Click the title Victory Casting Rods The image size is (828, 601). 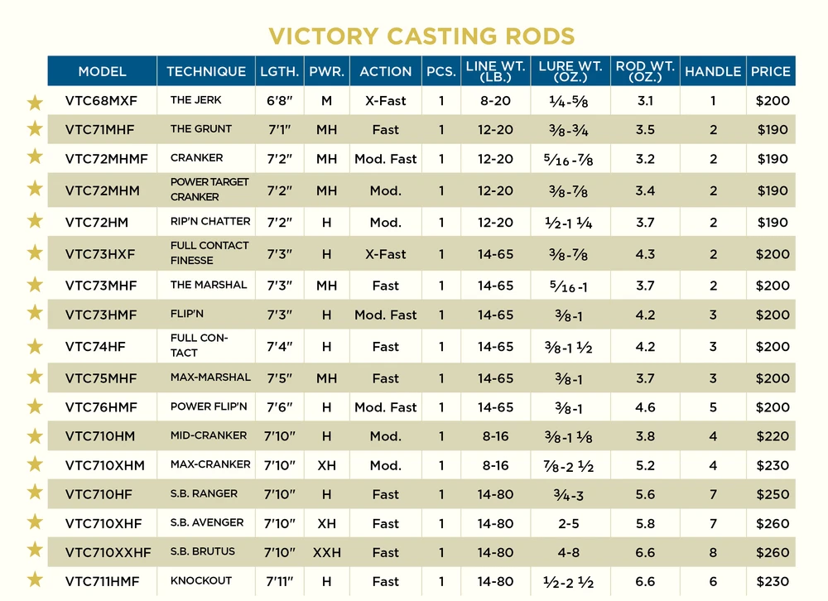point(421,36)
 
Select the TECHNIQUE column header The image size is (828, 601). point(206,71)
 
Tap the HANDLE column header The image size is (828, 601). point(713,71)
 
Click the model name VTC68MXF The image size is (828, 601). point(101,101)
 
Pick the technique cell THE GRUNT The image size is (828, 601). point(201,129)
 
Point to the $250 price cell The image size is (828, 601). point(773,494)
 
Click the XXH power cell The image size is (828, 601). point(326,552)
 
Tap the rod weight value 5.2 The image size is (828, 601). point(645,465)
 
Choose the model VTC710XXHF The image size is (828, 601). point(108,552)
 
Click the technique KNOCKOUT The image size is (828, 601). point(201,581)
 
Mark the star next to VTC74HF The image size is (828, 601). point(35,347)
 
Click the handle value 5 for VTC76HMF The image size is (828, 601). point(713,407)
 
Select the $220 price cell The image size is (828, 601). point(773,436)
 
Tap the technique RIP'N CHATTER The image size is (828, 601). point(210,222)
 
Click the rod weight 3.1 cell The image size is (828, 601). point(645,101)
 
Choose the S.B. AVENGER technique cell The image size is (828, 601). point(207,523)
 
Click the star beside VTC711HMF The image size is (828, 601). point(35,580)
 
